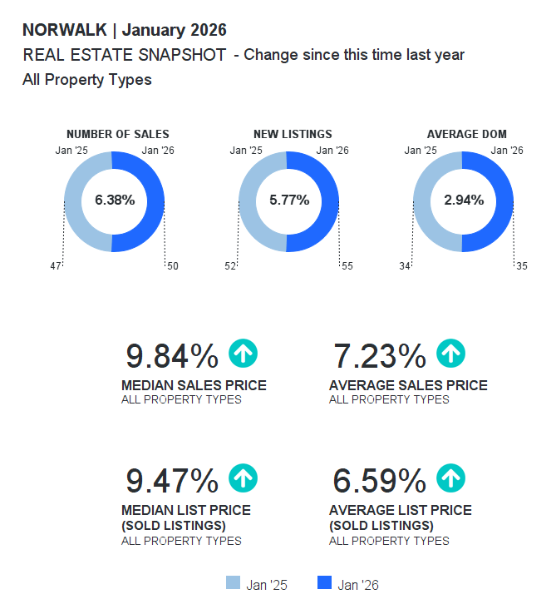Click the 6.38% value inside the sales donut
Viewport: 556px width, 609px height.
pyautogui.click(x=115, y=200)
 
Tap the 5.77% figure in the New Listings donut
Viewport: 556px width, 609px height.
pyautogui.click(x=289, y=200)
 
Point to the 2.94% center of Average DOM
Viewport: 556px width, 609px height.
pyautogui.click(x=464, y=200)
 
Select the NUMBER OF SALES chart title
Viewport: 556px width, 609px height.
pyautogui.click(x=117, y=134)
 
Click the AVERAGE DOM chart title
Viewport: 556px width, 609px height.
pyautogui.click(x=466, y=134)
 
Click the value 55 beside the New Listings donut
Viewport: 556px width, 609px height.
pyautogui.click(x=347, y=266)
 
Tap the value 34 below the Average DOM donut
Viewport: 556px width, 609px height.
pyautogui.click(x=405, y=266)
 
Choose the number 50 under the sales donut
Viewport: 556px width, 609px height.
pyautogui.click(x=172, y=266)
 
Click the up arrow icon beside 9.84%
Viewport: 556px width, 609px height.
pyautogui.click(x=243, y=354)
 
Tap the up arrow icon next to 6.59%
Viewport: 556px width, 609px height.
pyautogui.click(x=450, y=478)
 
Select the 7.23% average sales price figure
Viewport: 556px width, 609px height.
pyautogui.click(x=379, y=356)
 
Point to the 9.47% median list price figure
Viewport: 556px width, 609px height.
pyautogui.click(x=171, y=481)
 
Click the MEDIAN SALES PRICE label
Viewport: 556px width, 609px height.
pyautogui.click(x=194, y=385)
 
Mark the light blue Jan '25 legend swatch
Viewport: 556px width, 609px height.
pyautogui.click(x=233, y=583)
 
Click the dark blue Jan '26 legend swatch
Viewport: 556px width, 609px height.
pyautogui.click(x=325, y=583)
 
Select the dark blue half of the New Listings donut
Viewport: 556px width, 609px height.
pyautogui.click(x=328, y=201)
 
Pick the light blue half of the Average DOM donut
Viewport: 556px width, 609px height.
pyautogui.click(x=424, y=201)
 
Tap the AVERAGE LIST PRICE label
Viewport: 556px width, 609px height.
pyautogui.click(x=400, y=510)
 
